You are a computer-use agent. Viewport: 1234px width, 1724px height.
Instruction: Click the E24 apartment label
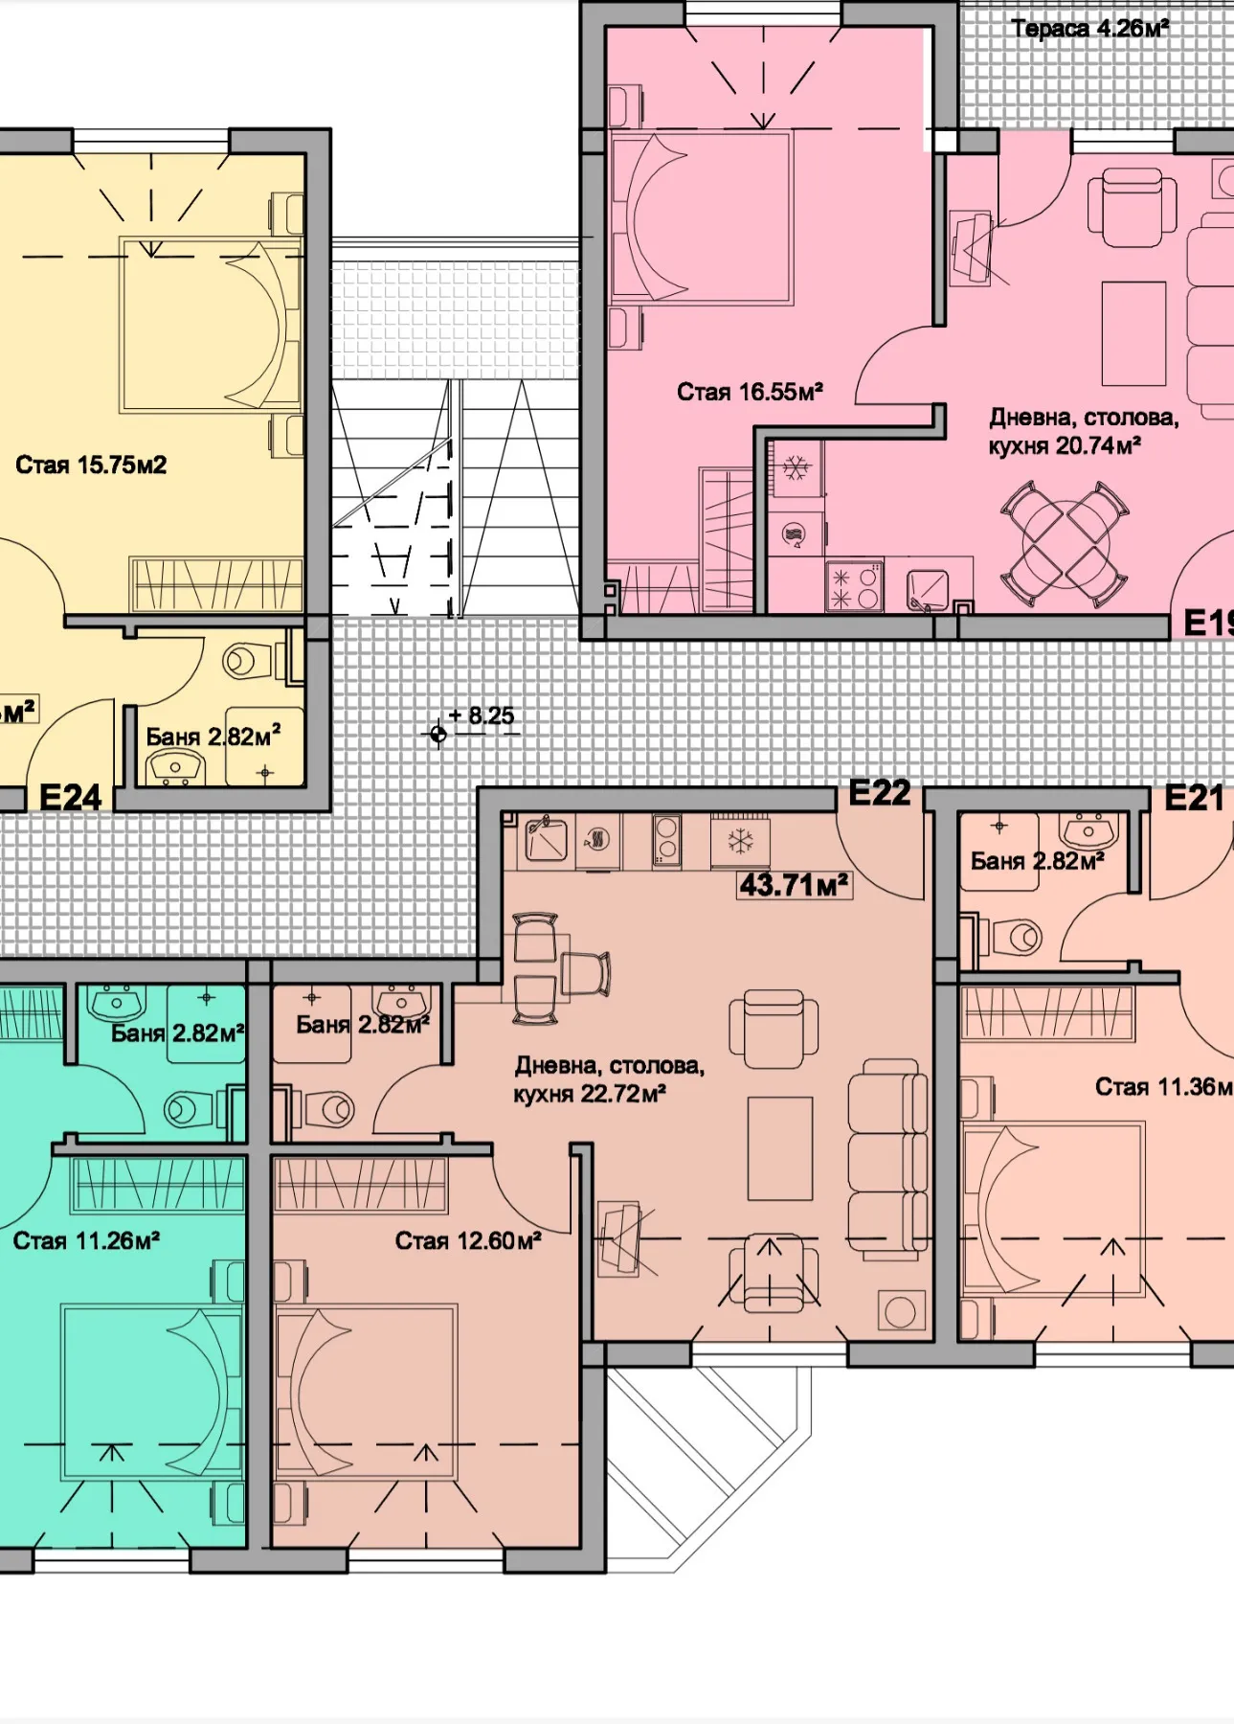click(70, 797)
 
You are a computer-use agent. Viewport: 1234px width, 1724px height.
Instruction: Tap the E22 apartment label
click(879, 793)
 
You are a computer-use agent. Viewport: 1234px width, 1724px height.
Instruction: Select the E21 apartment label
click(1193, 798)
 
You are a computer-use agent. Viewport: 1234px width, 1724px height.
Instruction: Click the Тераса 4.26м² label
click(1089, 29)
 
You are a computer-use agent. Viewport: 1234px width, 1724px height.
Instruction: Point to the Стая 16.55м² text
click(750, 392)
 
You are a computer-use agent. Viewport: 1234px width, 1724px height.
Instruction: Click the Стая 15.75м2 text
click(91, 465)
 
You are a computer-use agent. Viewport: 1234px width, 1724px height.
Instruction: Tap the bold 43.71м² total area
click(794, 884)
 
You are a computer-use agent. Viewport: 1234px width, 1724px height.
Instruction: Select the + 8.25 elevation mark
click(482, 716)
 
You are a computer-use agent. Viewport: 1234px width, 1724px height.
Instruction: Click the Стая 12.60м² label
click(468, 1241)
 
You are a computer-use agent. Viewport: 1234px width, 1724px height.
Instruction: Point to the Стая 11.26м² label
click(86, 1241)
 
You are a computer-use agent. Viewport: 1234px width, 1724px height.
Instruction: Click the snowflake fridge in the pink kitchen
click(796, 468)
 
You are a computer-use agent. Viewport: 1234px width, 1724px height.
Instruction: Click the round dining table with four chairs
click(1065, 543)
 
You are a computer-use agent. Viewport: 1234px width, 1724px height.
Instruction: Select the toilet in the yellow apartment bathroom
click(247, 660)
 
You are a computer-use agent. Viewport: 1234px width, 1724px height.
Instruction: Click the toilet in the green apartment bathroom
click(190, 1110)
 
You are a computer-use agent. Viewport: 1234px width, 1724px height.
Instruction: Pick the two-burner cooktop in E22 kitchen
click(666, 840)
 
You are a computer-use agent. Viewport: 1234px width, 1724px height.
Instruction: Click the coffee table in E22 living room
click(779, 1148)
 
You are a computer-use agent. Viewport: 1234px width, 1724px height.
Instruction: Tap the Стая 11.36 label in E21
click(1162, 1087)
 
